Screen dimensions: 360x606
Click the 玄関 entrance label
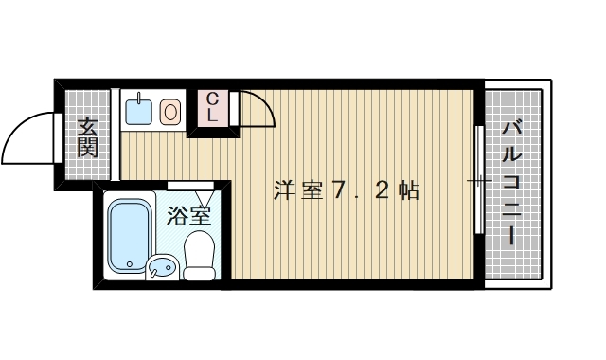(x=87, y=135)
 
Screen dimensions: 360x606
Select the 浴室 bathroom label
(x=188, y=215)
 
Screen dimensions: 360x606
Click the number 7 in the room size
(x=339, y=189)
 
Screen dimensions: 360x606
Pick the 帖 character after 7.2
(x=408, y=189)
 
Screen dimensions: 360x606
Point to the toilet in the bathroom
(x=199, y=254)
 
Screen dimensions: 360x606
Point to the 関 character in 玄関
(x=87, y=147)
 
